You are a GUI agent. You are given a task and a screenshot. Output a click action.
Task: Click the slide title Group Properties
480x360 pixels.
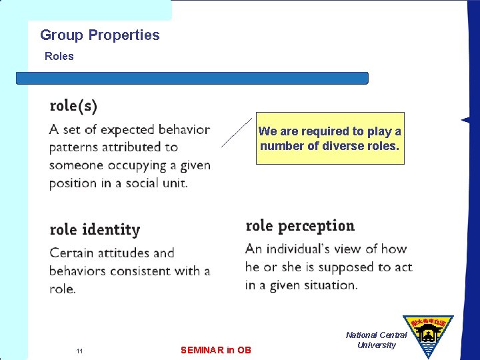coord(100,35)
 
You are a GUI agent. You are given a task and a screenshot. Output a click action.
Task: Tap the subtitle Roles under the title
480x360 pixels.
coord(59,57)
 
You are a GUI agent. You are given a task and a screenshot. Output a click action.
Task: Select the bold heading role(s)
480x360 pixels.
coord(73,106)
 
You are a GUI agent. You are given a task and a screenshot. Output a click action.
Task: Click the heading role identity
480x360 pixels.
coord(95,230)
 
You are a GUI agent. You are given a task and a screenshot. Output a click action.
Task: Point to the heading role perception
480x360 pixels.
coord(300,226)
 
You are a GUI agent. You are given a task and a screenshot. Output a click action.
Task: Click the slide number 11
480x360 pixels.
coord(79,351)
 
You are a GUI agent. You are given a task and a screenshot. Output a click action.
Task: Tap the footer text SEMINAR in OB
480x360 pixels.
coord(216,349)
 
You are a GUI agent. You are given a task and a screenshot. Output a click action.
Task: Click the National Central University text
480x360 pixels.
coord(376,340)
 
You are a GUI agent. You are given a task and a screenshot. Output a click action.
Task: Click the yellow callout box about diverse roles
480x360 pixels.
coord(330,138)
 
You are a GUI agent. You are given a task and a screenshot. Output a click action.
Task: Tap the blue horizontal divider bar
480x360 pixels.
coord(192,78)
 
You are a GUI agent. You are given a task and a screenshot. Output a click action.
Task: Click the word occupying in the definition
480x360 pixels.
coord(132,165)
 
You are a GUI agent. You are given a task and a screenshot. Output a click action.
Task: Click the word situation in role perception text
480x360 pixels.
coord(329,285)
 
